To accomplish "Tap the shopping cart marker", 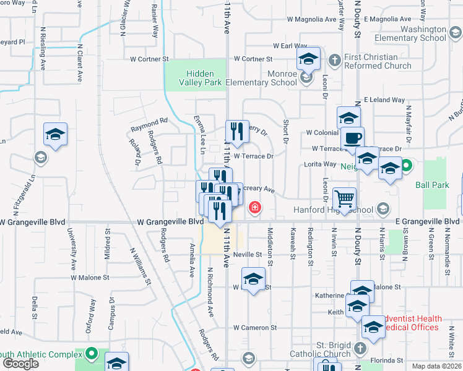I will (345, 199).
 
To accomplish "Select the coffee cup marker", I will (353, 139).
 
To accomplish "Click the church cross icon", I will (335, 60).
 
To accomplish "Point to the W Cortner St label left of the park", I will (149, 59).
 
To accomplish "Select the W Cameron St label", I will (254, 327).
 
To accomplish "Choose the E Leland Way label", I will (384, 100).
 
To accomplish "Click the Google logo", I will (20, 364).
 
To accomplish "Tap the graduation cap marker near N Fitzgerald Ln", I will (54, 135).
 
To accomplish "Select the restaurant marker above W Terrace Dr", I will (237, 132).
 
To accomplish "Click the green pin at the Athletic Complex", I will (92, 354).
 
